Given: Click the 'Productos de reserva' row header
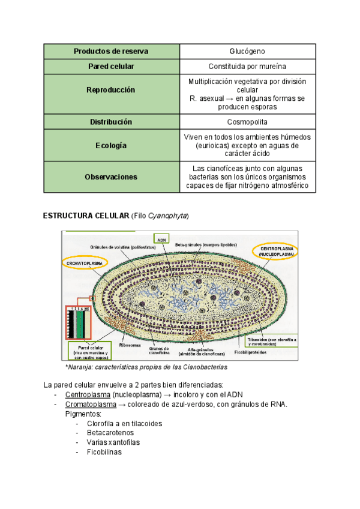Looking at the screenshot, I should [x=111, y=51].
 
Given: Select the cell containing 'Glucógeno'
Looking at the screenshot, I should [x=247, y=51].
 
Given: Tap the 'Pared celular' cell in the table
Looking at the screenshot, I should [x=111, y=66].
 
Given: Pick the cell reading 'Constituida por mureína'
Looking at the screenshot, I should [x=247, y=66].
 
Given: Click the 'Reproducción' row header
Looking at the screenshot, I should [x=111, y=90].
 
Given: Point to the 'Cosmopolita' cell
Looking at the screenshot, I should [x=247, y=122].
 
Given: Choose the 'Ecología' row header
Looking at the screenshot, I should [x=111, y=145].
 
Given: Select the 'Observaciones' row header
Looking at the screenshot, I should [x=111, y=177].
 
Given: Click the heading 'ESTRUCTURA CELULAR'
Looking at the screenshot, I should [x=86, y=216].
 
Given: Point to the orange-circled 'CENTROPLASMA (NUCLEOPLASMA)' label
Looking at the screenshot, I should [x=277, y=251].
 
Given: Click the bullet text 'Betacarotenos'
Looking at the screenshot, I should [x=110, y=433].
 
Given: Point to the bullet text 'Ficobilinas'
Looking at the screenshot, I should [x=104, y=452].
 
